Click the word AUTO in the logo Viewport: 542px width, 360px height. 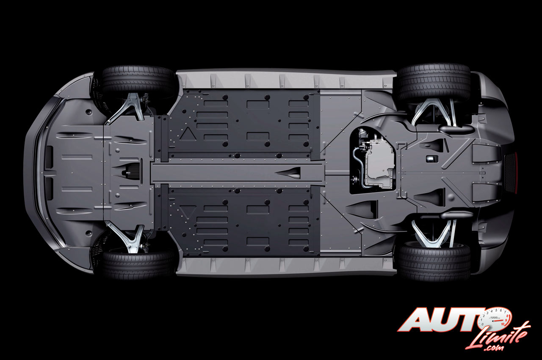[x=443, y=320]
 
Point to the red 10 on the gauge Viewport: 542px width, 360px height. [x=503, y=324]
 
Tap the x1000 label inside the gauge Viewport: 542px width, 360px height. [x=494, y=317]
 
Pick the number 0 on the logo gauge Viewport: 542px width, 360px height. [x=482, y=324]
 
